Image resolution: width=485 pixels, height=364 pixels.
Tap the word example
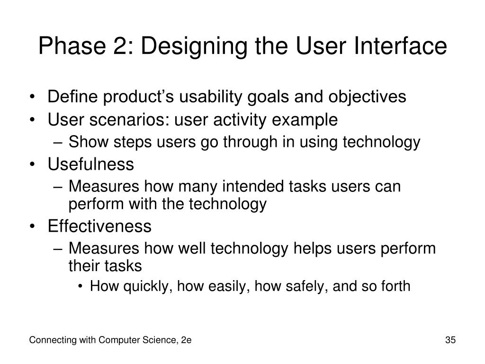point(306,120)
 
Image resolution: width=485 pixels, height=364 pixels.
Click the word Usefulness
point(91,165)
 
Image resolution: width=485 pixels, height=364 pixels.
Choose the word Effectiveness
point(99,227)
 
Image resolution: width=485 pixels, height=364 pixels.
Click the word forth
point(394,286)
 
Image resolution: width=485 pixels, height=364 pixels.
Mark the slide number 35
point(450,340)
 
